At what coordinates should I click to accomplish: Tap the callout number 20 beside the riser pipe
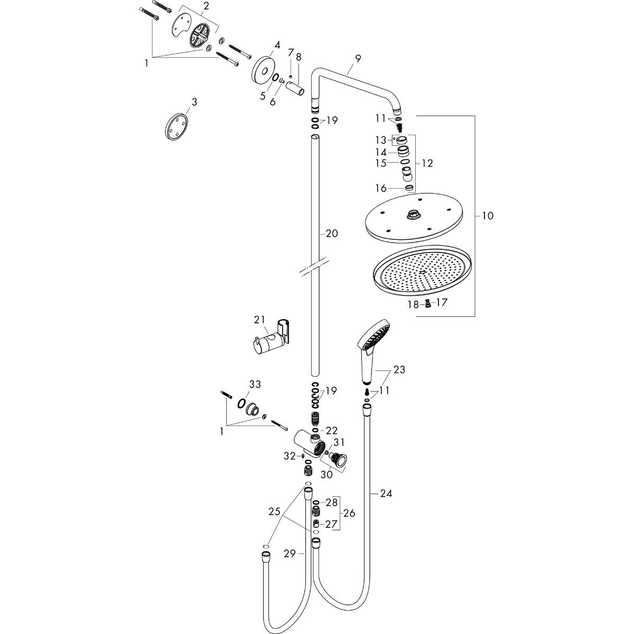coord(331,234)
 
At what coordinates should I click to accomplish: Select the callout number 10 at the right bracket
coord(487,216)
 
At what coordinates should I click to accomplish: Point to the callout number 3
coord(194,101)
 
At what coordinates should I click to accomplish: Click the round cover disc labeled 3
coord(175,127)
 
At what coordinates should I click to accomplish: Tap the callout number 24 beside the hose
coord(386,493)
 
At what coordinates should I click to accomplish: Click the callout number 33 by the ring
coord(255,385)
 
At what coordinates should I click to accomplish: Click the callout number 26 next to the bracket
coord(349,513)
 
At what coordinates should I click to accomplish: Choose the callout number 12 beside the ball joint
coord(427,163)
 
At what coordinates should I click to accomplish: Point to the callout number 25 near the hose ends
coord(274,511)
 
